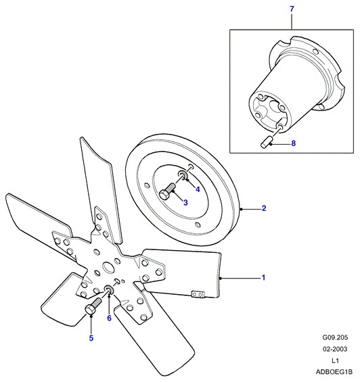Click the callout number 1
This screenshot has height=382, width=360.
click(x=263, y=278)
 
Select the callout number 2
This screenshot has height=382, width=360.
click(x=264, y=208)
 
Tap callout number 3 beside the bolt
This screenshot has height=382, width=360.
click(x=185, y=202)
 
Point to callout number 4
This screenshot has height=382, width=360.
click(x=198, y=189)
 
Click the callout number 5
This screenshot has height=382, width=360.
click(x=91, y=338)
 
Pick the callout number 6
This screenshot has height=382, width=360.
click(x=109, y=318)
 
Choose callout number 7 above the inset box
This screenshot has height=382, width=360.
click(x=292, y=9)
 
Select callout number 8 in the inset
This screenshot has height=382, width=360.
click(x=294, y=143)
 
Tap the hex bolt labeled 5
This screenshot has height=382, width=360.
click(x=93, y=306)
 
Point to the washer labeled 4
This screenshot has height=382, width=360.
click(x=183, y=174)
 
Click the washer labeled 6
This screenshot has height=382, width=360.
click(x=109, y=289)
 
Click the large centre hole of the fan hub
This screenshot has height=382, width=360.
click(x=108, y=267)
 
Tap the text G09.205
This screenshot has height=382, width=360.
click(x=335, y=337)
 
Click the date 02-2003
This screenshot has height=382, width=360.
click(x=335, y=349)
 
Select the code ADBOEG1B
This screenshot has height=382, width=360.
click(x=334, y=372)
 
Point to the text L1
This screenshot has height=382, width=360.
click(x=335, y=360)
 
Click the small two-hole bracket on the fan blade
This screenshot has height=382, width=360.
click(x=198, y=294)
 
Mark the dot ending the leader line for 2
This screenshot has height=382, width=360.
click(x=241, y=209)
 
